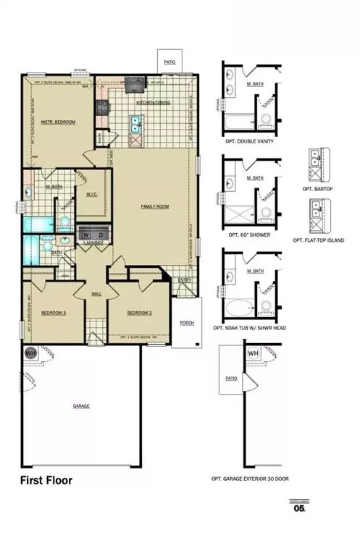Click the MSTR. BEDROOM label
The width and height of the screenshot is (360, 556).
(x=58, y=122)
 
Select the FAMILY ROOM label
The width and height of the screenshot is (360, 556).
(x=154, y=207)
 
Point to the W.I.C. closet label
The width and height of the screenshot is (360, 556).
(x=92, y=193)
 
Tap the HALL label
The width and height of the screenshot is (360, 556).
(x=96, y=294)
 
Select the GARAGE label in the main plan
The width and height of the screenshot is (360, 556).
(x=81, y=406)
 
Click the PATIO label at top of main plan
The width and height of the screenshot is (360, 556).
(x=170, y=62)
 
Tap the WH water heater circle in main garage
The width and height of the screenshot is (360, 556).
(x=31, y=353)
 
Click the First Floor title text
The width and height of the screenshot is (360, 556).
(x=46, y=480)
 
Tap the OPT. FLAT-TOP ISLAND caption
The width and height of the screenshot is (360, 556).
(x=319, y=240)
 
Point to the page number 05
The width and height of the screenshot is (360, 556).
(x=299, y=508)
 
